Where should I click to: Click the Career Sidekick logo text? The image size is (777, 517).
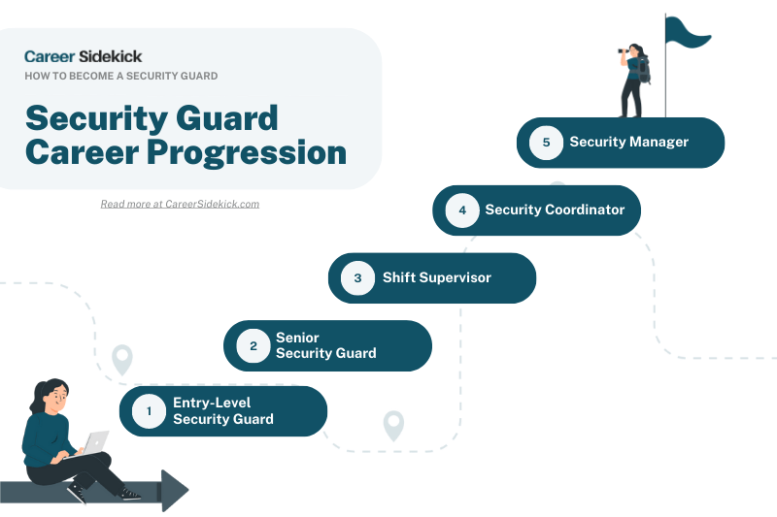[x=83, y=56]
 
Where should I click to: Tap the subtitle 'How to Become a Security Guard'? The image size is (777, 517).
[x=120, y=76]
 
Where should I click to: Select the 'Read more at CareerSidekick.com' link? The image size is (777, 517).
[x=180, y=204]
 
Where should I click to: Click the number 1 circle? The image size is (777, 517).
[x=149, y=411]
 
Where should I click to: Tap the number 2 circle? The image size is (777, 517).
[x=253, y=345]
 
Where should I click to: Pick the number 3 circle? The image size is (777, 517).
[x=357, y=278]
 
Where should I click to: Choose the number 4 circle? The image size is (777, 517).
[x=462, y=210]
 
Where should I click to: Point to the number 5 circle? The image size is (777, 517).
[x=546, y=143]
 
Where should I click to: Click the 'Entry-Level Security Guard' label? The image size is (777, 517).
[x=223, y=411]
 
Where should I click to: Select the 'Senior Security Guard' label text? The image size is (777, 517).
[x=325, y=345]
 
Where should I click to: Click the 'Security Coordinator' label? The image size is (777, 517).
[x=555, y=210]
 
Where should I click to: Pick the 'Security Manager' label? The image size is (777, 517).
[x=628, y=143]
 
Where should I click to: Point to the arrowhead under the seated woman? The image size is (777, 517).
[x=174, y=490]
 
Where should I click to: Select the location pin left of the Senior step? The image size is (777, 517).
[x=122, y=360]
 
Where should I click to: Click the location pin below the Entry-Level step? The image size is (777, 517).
[x=393, y=425]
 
